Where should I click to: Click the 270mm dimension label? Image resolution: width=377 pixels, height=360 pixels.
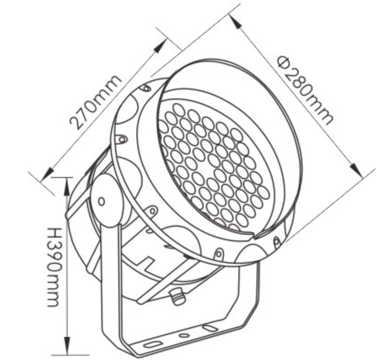95,103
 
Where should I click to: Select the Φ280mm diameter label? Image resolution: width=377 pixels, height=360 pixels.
305,90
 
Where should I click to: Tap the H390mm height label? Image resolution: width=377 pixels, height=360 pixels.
53,267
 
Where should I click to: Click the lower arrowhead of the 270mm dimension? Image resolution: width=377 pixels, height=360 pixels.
47,174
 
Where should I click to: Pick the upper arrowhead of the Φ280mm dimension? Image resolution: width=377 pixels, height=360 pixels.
236,22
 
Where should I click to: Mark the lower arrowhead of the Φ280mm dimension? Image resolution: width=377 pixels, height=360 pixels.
355,170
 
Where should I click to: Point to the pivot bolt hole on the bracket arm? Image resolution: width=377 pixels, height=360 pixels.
102,201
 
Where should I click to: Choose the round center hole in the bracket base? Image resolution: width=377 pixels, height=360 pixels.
184,336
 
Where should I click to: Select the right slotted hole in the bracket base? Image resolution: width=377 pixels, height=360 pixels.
209,327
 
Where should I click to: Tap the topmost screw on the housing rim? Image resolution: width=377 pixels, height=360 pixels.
146,88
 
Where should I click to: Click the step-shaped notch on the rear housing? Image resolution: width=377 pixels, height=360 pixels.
145,261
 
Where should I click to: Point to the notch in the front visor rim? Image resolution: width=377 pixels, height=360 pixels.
255,236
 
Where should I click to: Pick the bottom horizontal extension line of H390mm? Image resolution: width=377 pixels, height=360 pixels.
70,355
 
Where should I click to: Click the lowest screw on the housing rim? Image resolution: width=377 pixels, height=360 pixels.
219,253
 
